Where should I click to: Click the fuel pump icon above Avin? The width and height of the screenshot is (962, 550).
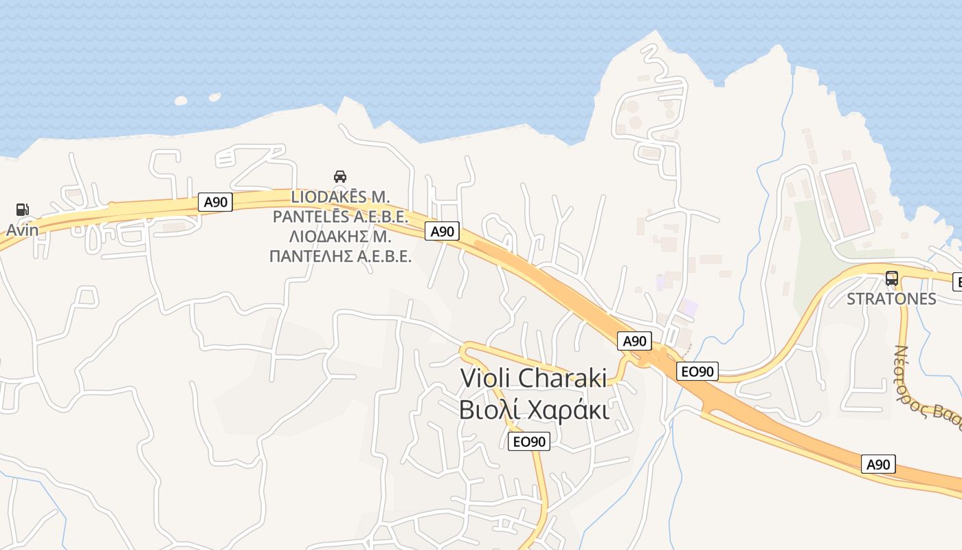pyautogui.click(x=22, y=210)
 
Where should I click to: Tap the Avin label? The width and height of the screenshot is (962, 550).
pyautogui.click(x=23, y=230)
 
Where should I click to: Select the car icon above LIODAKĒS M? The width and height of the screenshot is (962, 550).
pyautogui.click(x=339, y=177)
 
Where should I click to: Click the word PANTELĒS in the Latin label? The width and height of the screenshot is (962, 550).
pyautogui.click(x=311, y=217)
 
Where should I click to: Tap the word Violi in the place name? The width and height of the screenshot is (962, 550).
pyautogui.click(x=484, y=378)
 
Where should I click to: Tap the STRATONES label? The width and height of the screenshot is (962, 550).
pyautogui.click(x=891, y=299)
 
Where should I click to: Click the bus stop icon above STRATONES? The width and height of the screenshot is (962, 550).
pyautogui.click(x=891, y=278)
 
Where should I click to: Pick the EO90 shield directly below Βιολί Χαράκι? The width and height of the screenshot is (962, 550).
pyautogui.click(x=529, y=441)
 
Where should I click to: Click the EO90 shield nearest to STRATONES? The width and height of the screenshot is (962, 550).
pyautogui.click(x=697, y=372)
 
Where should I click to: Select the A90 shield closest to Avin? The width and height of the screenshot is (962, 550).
pyautogui.click(x=216, y=202)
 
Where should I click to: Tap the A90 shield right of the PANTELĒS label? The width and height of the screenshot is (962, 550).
pyautogui.click(x=442, y=232)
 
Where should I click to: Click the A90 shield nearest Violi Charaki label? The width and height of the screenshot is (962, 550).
pyautogui.click(x=634, y=341)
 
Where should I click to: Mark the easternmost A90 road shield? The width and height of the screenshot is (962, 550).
pyautogui.click(x=878, y=464)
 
